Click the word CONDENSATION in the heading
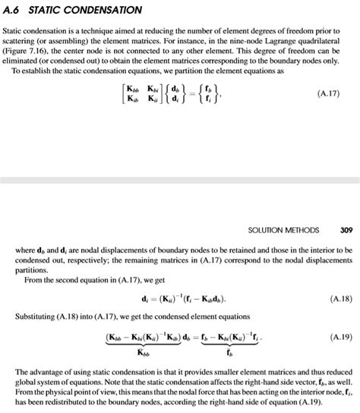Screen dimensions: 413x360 coord(104,10)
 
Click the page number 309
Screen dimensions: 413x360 coord(347,229)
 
